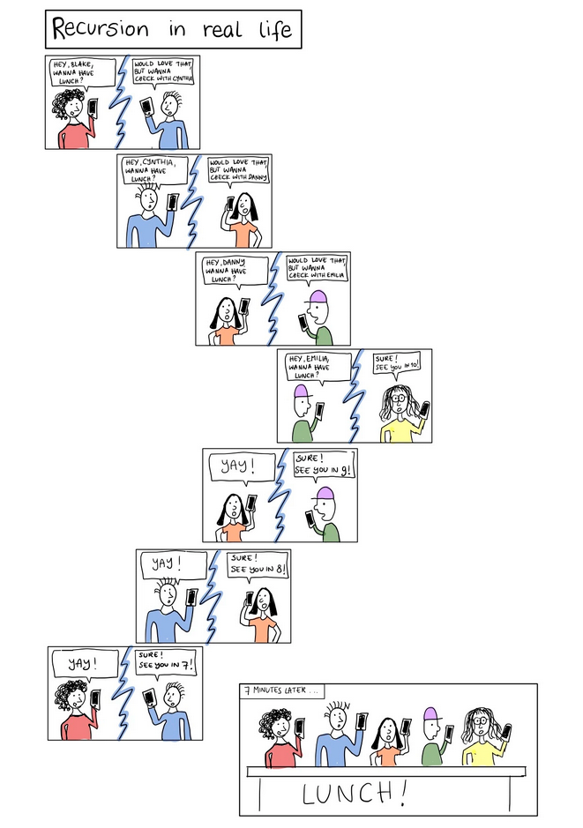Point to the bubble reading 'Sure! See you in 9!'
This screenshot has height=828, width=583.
(x=322, y=465)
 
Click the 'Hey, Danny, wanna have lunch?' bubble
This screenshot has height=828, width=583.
(x=233, y=270)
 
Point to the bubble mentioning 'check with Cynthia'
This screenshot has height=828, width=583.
(x=163, y=72)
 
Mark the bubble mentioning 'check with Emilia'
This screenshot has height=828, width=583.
(x=317, y=268)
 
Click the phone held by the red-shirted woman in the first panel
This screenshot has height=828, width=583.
(x=93, y=108)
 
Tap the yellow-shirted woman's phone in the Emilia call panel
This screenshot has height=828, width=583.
(x=425, y=408)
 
